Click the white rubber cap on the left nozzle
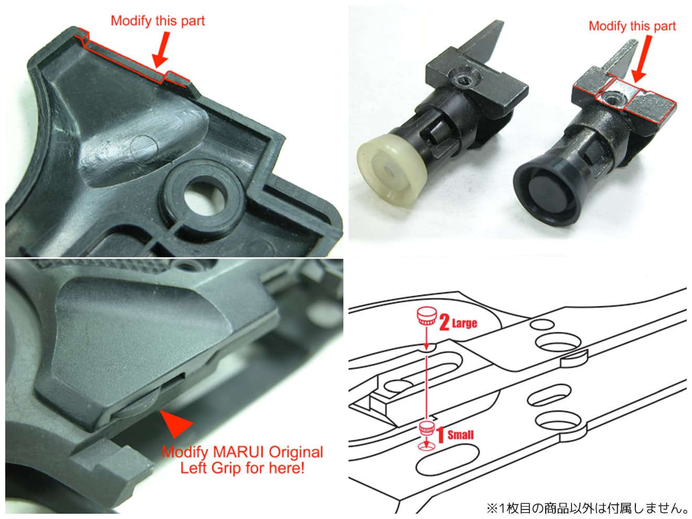[391, 170]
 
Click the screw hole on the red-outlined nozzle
[612, 99]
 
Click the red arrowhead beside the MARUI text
[176, 424]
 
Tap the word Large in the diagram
[464, 323]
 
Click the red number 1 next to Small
[440, 435]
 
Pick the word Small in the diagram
[460, 435]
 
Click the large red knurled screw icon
[427, 316]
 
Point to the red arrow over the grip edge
[162, 50]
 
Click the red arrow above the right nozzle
[642, 59]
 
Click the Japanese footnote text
[587, 508]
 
